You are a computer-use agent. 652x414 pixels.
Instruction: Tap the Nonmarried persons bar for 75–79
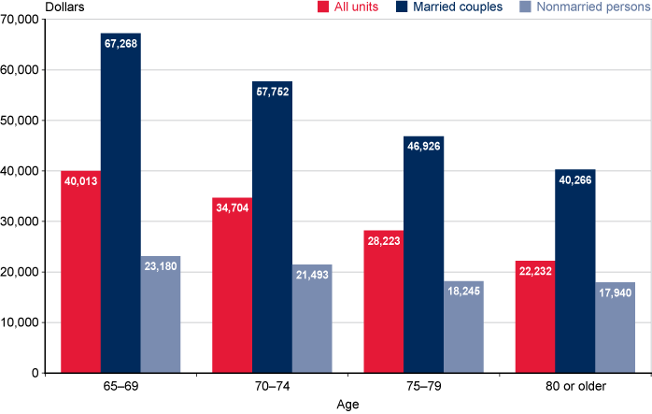[x=463, y=327]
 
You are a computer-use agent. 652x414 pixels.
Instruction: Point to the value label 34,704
[x=232, y=207]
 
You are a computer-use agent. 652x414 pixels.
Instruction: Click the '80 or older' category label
[x=574, y=388]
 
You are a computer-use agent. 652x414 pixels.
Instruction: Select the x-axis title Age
[x=347, y=405]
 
